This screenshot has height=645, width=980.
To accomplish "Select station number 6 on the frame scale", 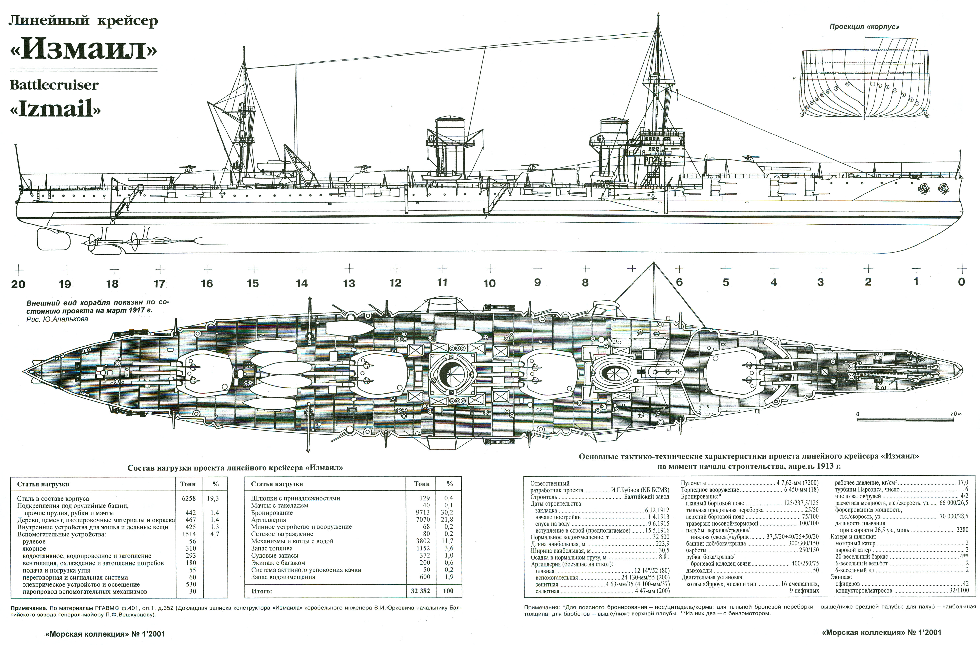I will click(x=679, y=282).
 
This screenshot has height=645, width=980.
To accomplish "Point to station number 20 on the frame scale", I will click(x=18, y=284).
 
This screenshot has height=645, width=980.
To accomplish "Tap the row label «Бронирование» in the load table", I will click(x=272, y=513).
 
